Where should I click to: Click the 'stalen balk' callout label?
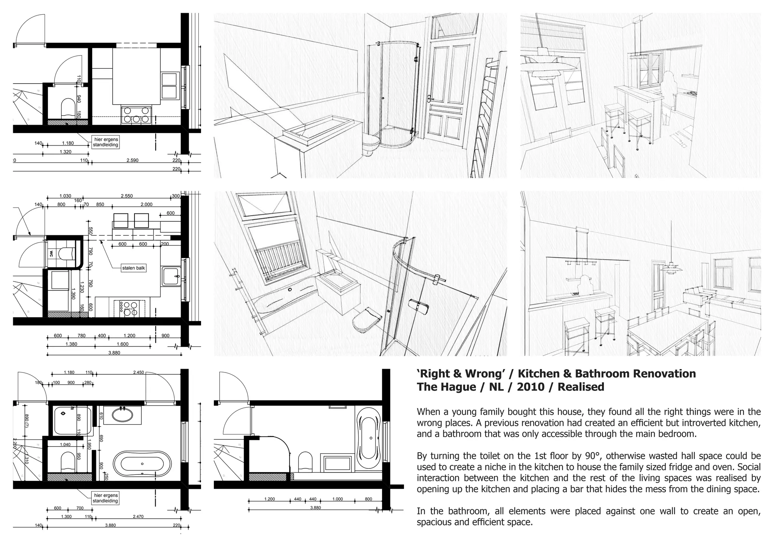point(134,268)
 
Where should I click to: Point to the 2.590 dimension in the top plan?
point(132,160)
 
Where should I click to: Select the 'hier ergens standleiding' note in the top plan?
point(105,142)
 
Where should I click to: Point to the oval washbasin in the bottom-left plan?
point(122,416)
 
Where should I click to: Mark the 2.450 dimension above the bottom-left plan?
point(139,372)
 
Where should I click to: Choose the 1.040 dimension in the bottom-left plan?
point(65,445)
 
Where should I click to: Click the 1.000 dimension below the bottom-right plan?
point(337,499)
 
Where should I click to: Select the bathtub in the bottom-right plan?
point(370,434)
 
